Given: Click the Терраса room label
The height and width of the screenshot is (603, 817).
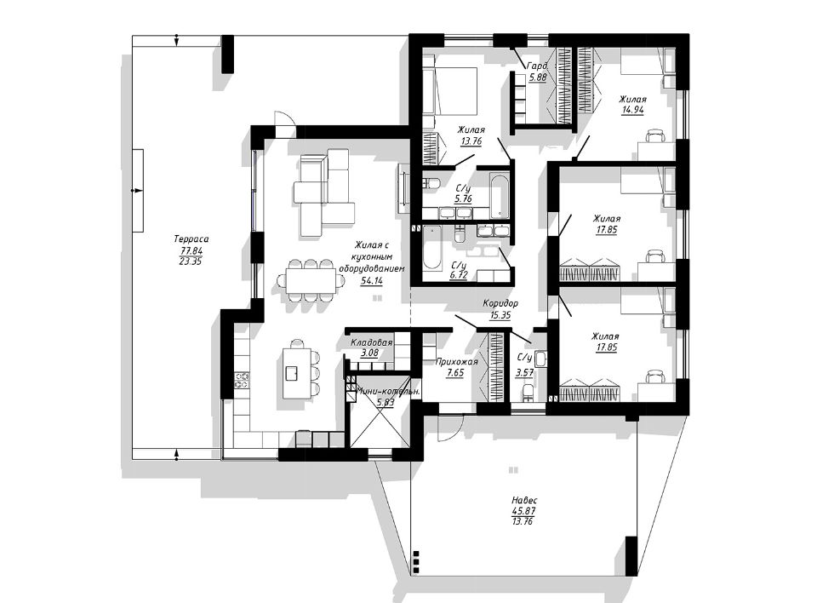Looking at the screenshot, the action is pyautogui.click(x=191, y=239).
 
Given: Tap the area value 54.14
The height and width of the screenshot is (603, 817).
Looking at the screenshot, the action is pyautogui.click(x=372, y=280).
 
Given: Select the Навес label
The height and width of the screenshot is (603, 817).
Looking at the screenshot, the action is pyautogui.click(x=525, y=500).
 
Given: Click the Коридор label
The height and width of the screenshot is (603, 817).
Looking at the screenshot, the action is pyautogui.click(x=500, y=303).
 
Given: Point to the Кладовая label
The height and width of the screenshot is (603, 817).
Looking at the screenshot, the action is pyautogui.click(x=371, y=342).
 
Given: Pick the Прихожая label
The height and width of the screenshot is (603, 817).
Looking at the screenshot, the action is pyautogui.click(x=456, y=361).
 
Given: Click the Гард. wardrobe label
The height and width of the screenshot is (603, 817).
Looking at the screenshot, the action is pyautogui.click(x=537, y=66).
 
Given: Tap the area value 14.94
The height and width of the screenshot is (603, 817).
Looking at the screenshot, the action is pyautogui.click(x=633, y=110).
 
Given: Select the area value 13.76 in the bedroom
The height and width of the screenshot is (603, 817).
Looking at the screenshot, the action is pyautogui.click(x=471, y=141).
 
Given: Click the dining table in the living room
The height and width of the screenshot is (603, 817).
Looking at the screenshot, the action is pyautogui.click(x=311, y=281).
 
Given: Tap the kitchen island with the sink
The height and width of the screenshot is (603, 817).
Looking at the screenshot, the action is pyautogui.click(x=292, y=371).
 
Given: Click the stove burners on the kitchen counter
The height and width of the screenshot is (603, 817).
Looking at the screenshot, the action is pyautogui.click(x=242, y=380).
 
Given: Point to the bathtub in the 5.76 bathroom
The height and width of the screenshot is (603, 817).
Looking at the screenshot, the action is pyautogui.click(x=499, y=197).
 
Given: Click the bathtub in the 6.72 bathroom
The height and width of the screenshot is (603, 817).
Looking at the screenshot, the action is pyautogui.click(x=431, y=247).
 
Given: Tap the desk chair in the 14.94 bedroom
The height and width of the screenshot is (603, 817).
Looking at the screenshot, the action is pyautogui.click(x=655, y=136).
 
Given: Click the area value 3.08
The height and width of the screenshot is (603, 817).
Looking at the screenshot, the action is pyautogui.click(x=370, y=353).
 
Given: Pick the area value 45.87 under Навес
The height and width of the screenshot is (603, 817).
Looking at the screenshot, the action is pyautogui.click(x=524, y=511).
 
